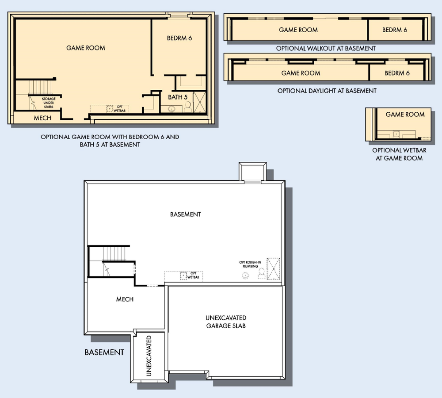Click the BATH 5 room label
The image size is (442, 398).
(178, 97)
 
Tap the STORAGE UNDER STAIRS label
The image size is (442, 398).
(49, 103)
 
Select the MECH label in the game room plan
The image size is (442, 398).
(42, 118)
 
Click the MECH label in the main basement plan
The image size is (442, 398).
(125, 299)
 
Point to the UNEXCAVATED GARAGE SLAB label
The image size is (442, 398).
(226, 322)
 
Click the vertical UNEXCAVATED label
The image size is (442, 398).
(149, 356)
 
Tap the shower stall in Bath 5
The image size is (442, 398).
(200, 102)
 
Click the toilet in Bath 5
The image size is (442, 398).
(188, 107)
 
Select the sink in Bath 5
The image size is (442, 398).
(171, 109)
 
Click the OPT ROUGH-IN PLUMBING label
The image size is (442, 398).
(250, 264)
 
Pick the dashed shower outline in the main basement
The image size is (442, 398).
(273, 268)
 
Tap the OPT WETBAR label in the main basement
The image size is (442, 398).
(194, 276)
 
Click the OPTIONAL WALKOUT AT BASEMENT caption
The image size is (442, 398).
(326, 49)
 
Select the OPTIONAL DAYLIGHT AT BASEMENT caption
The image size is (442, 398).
(327, 91)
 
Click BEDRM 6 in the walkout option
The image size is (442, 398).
(395, 30)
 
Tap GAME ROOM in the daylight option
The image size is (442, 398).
(301, 73)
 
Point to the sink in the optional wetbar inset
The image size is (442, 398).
(396, 134)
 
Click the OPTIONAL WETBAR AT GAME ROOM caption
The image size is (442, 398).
(399, 154)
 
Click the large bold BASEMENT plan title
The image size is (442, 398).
(104, 352)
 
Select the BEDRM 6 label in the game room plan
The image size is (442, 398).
(179, 38)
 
